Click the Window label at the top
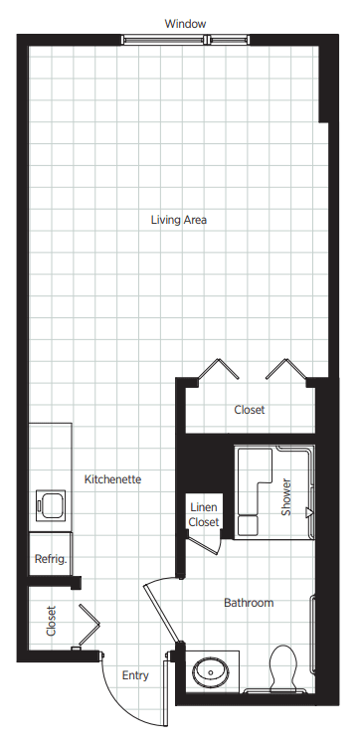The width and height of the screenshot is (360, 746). pos(185,24)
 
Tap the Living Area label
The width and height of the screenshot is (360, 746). pos(179,220)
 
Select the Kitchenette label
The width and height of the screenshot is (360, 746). pos(112,479)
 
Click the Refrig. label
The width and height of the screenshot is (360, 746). pos(51,559)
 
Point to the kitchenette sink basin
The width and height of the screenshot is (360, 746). pos(52,506)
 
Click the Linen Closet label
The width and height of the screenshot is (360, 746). pos(204,515)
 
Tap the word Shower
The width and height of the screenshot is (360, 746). pos(285,497)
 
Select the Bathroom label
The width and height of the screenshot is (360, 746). pos(249,603)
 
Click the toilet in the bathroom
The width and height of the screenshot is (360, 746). pos(283,667)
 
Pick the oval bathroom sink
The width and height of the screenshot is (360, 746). pos(211,671)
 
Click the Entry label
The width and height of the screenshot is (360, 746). pos(135,675)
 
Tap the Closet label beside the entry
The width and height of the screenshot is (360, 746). pos(51,621)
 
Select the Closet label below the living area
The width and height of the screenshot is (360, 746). pos(250,410)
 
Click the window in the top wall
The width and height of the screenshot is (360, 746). pos(185,40)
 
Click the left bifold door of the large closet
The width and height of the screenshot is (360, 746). pos(218,369)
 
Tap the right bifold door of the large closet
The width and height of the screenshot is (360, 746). pos(285,369)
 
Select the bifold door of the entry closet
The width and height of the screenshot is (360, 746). pos(89,625)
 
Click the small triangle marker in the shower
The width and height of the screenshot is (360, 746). pos(309,512)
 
